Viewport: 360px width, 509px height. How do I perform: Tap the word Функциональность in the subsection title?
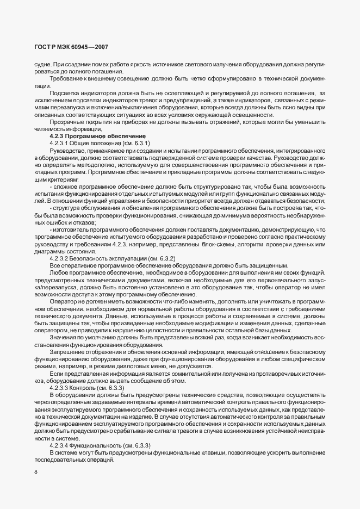click(x=102, y=445)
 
